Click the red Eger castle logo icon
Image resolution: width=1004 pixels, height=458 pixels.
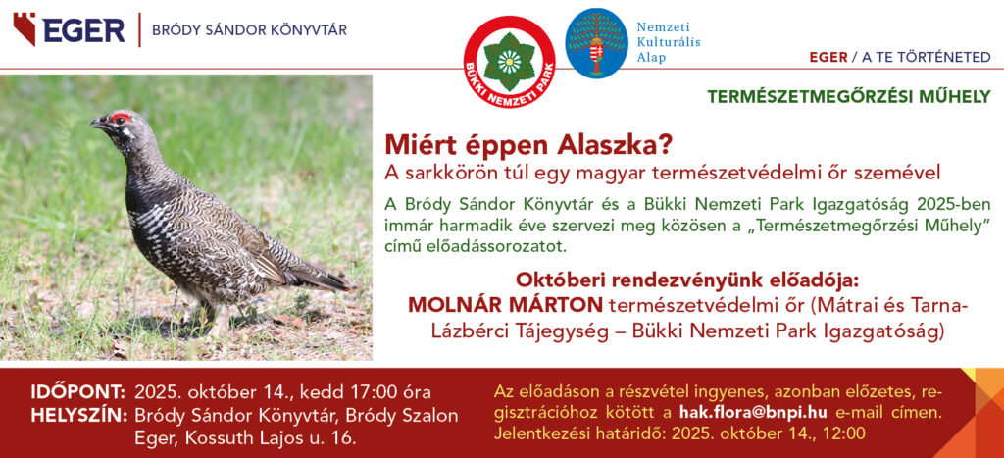click(25, 28)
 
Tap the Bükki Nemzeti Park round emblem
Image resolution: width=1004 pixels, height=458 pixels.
click(509, 62)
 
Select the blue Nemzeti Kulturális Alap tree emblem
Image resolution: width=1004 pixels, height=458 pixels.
click(596, 43)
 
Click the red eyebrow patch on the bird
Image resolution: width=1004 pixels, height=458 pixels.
click(121, 117)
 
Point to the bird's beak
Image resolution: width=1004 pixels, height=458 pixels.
click(97, 123)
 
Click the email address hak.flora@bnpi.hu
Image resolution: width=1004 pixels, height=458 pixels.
click(754, 411)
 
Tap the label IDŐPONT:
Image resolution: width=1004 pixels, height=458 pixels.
click(78, 392)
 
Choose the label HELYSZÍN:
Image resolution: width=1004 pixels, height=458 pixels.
click(78, 416)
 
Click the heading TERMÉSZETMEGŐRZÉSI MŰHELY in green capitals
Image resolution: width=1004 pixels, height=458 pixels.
click(849, 97)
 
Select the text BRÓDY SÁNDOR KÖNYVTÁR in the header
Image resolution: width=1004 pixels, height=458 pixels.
click(249, 30)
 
